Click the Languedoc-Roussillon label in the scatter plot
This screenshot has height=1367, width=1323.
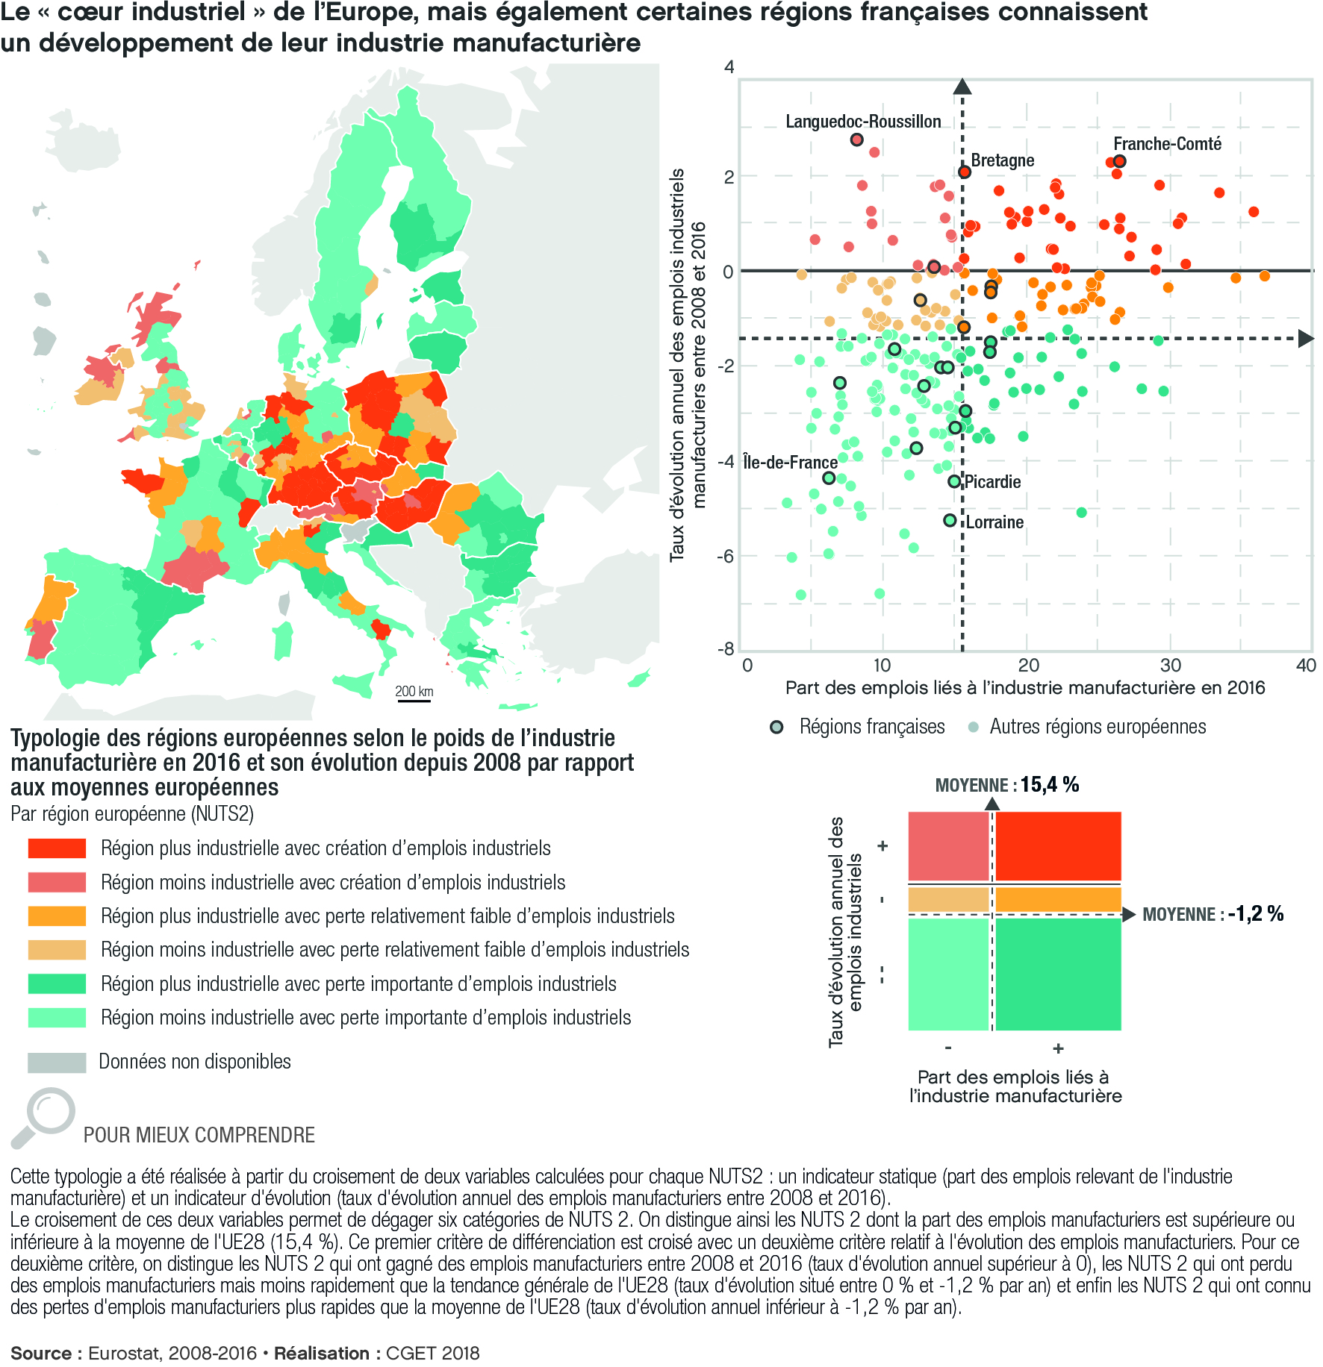[x=863, y=122]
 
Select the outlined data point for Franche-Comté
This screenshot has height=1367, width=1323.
[x=1119, y=162]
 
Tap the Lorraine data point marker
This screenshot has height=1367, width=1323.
[x=950, y=521]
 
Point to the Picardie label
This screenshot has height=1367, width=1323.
[x=992, y=482]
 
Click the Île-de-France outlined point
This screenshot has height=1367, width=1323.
[x=829, y=478]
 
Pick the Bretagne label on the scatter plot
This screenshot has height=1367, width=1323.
[x=1003, y=160]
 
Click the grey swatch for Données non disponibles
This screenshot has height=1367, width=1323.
[x=57, y=1063]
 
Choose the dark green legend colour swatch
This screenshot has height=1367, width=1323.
[x=57, y=984]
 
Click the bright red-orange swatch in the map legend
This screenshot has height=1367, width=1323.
[x=57, y=848]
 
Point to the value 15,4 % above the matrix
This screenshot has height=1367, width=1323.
[x=1050, y=785]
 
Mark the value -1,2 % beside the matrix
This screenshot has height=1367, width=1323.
[x=1256, y=914]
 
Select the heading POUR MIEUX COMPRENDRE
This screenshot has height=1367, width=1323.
[x=199, y=1135]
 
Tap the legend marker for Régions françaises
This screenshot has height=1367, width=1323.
[x=777, y=728]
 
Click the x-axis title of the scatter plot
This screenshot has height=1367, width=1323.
[x=1025, y=688]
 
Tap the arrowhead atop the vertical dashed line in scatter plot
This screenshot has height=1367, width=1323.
[x=962, y=87]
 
